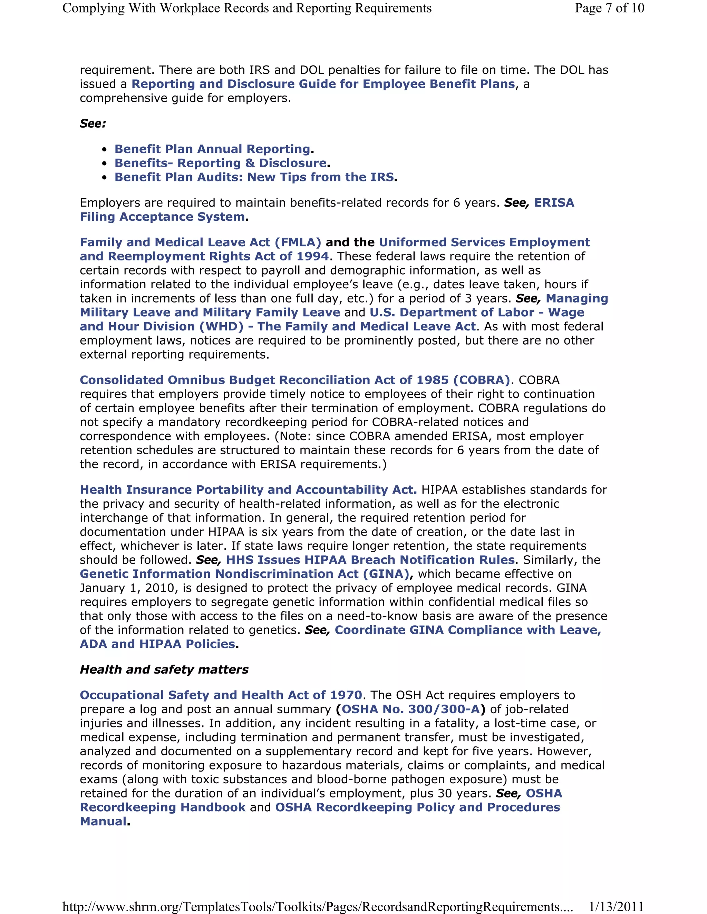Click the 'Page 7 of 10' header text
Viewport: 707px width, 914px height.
[x=609, y=8]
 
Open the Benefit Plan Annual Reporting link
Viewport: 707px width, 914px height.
[x=212, y=149]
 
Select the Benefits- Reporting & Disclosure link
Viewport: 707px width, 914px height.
[x=220, y=163]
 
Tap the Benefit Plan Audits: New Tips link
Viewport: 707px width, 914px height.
[x=254, y=177]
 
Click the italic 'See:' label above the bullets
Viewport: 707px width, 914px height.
[x=93, y=124]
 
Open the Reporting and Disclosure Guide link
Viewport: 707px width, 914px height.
[x=323, y=84]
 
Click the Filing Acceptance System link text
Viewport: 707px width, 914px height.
[x=163, y=217]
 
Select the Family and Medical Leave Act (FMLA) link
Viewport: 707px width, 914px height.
[x=200, y=243]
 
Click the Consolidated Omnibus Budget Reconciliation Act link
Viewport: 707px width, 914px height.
[x=294, y=380]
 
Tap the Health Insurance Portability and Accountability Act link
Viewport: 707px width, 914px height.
[x=248, y=490]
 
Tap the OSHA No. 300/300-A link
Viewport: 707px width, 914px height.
[x=410, y=709]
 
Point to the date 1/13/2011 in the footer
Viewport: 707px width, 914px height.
[x=616, y=906]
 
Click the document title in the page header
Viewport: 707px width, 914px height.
[x=247, y=8]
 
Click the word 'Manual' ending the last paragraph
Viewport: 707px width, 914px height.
[x=103, y=822]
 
